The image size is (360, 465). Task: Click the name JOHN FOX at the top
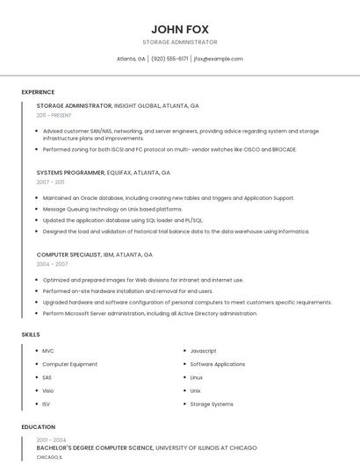coord(179,29)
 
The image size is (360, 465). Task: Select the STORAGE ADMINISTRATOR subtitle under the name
coord(179,42)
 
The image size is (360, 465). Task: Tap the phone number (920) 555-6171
coord(169,59)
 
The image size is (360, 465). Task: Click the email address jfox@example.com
coord(218,59)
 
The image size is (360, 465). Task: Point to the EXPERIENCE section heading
coord(38,92)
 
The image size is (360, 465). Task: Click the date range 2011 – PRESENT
coord(54,115)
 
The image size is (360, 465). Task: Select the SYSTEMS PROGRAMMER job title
coord(74,173)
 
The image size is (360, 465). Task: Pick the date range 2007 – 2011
coord(50,182)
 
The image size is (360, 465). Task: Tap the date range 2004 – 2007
coord(52,264)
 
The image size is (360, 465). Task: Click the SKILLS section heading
coord(31,334)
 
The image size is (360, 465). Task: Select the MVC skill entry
coord(48,351)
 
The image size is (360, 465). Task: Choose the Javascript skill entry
coord(203,351)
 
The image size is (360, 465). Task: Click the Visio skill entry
coord(48,390)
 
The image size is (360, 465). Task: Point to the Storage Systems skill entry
coord(212,404)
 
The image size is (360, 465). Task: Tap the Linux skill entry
coord(197,377)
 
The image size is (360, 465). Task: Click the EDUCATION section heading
coord(38,427)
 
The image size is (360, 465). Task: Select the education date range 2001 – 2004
coord(51,440)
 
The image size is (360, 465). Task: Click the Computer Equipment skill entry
coord(69,364)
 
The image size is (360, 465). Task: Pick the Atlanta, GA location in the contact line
coord(131,59)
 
